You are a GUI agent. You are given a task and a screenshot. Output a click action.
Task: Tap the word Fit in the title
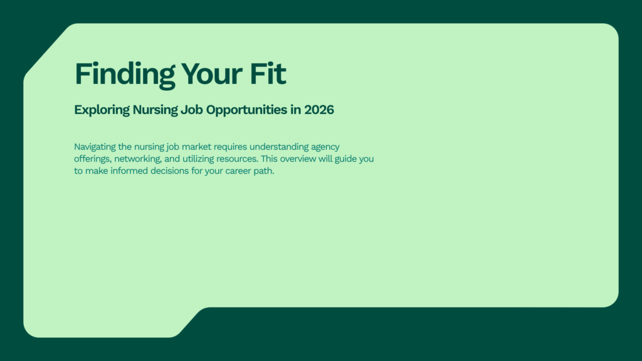click(268, 74)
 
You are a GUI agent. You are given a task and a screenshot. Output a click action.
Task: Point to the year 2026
click(318, 110)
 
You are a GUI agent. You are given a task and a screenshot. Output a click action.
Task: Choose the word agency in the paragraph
click(325, 147)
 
